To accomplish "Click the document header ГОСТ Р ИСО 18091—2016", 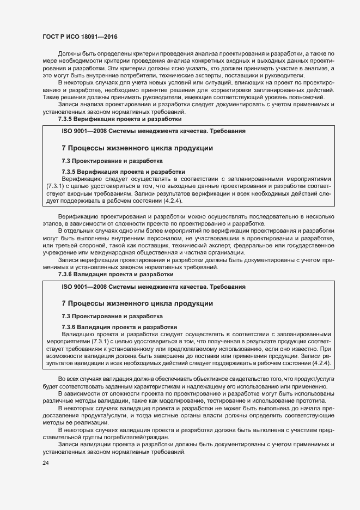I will [x=80, y=36].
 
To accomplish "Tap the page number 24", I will [x=46, y=463].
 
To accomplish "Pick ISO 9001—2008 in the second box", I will [x=82, y=287].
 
